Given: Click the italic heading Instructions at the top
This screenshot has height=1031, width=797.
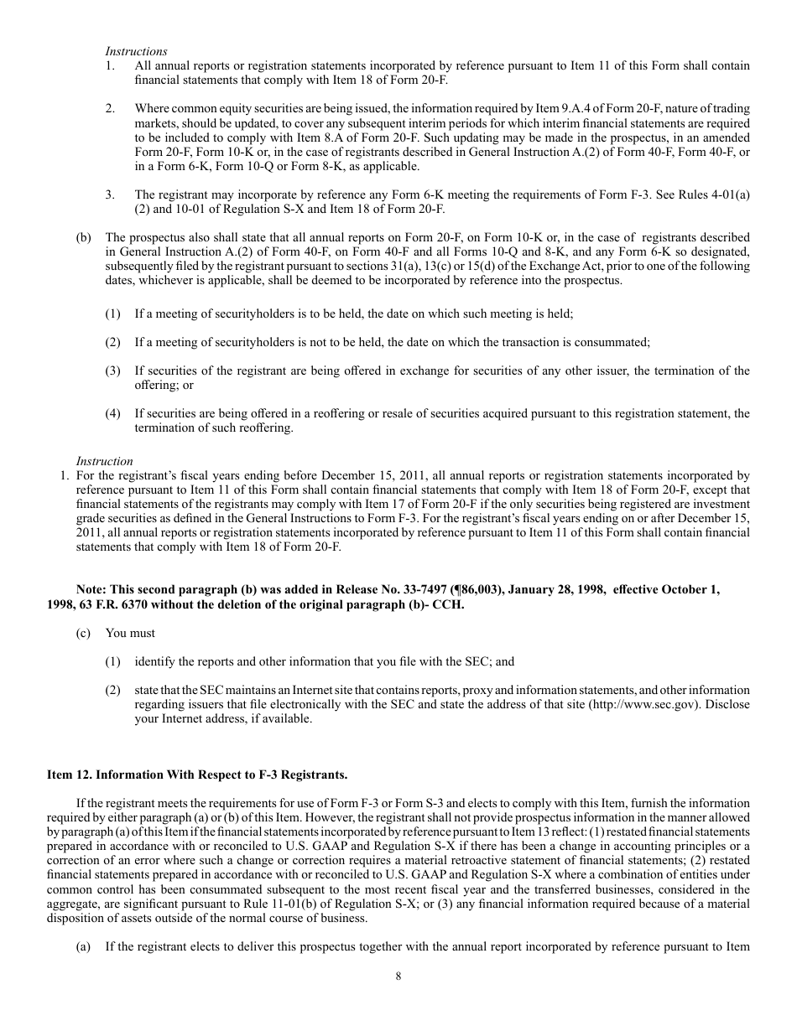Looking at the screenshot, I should tap(136, 52).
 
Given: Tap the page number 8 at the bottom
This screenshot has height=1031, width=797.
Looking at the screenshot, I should tap(398, 975).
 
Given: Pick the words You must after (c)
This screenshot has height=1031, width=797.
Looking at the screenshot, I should tap(130, 633).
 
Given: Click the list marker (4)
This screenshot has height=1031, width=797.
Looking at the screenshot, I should tap(112, 413).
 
